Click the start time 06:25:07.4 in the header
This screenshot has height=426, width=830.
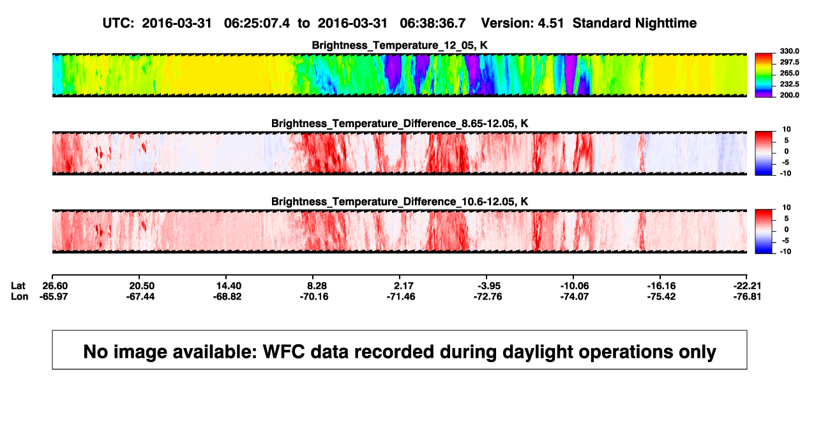[257, 24]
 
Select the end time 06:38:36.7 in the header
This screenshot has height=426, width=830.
[433, 24]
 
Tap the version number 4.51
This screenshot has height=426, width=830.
[550, 24]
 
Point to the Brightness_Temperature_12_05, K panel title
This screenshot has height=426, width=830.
[400, 45]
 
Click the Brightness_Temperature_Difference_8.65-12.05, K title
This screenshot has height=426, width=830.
[400, 123]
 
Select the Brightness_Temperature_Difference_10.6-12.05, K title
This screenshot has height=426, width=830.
[400, 202]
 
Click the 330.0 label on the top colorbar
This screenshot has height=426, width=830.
[789, 51]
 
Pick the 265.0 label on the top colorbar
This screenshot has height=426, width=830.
[789, 73]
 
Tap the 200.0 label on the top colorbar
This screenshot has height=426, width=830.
[789, 95]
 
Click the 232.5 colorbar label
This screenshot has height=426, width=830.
[789, 84]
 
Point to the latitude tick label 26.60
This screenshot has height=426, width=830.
[55, 286]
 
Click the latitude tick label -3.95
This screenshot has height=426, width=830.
[489, 286]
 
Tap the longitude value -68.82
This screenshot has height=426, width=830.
[227, 297]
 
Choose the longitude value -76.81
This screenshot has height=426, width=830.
[747, 297]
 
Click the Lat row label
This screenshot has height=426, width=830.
[18, 286]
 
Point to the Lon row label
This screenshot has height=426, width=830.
[20, 297]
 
